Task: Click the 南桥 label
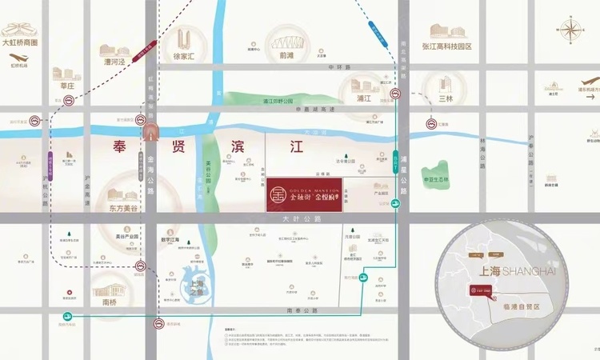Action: click(x=105, y=304)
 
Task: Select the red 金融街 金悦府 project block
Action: click(x=309, y=194)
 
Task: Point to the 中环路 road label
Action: click(x=341, y=67)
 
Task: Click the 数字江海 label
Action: click(x=174, y=238)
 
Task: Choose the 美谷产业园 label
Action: click(x=126, y=237)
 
